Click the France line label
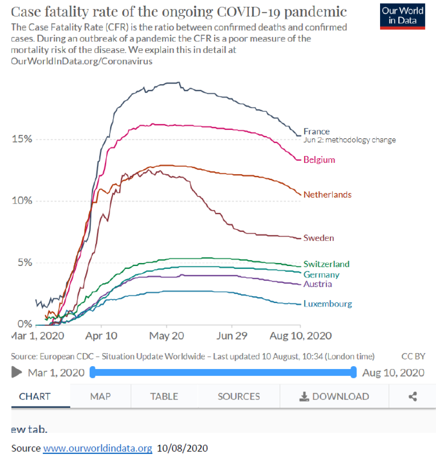pyautogui.click(x=316, y=131)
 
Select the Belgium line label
pyautogui.click(x=319, y=160)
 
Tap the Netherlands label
pyautogui.click(x=327, y=194)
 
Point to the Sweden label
pyautogui.click(x=318, y=238)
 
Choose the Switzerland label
pyautogui.click(x=326, y=264)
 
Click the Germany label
pyautogui.click(x=321, y=274)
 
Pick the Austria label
pyautogui.click(x=318, y=284)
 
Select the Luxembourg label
pyautogui.click(x=328, y=304)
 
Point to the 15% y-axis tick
pyautogui.click(x=22, y=139)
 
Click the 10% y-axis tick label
pyautogui.click(x=22, y=201)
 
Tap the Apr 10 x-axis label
pyautogui.click(x=101, y=336)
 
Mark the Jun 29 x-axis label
pyautogui.click(x=232, y=336)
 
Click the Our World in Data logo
pyautogui.click(x=402, y=16)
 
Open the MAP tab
pyautogui.click(x=100, y=396)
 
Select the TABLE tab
pyautogui.click(x=164, y=396)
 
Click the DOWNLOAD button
pyautogui.click(x=334, y=396)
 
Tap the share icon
pyautogui.click(x=412, y=396)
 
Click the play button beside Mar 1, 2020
pyautogui.click(x=16, y=372)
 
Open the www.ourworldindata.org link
pyautogui.click(x=98, y=448)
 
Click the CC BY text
pyautogui.click(x=413, y=356)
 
